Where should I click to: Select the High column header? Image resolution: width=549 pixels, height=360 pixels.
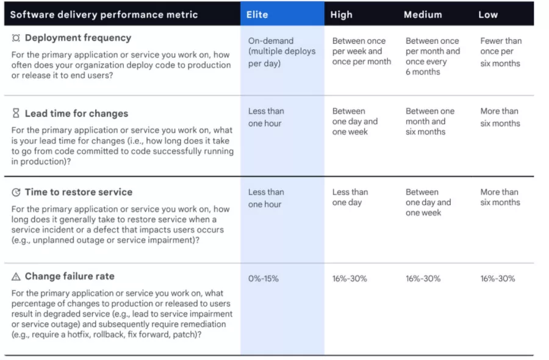[342, 15]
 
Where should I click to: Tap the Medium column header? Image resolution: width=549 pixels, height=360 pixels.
[423, 15]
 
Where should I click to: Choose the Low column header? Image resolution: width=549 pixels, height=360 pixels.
[488, 15]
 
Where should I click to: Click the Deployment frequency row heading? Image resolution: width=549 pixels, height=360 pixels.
[77, 38]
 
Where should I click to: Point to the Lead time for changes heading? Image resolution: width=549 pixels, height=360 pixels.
[76, 113]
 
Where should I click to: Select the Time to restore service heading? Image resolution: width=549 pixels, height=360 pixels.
[78, 192]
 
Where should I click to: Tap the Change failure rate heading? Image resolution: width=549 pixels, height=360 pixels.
[69, 276]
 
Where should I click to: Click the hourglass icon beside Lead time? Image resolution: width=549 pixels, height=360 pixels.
[16, 113]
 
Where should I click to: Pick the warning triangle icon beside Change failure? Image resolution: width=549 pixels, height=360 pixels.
[16, 276]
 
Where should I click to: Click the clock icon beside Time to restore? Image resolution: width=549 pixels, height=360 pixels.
[16, 192]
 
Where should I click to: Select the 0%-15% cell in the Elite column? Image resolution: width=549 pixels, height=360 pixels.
[264, 279]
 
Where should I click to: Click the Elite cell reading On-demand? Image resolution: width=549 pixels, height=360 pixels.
[281, 52]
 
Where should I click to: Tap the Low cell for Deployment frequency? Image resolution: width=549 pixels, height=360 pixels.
[500, 52]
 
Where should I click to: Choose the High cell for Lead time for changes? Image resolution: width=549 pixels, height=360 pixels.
[355, 121]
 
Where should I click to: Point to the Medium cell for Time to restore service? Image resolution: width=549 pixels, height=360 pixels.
[428, 202]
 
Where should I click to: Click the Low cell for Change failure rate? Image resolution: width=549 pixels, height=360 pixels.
[498, 279]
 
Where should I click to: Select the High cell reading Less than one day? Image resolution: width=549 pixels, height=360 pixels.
[350, 198]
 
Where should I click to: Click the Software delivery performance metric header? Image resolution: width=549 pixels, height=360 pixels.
[104, 15]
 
